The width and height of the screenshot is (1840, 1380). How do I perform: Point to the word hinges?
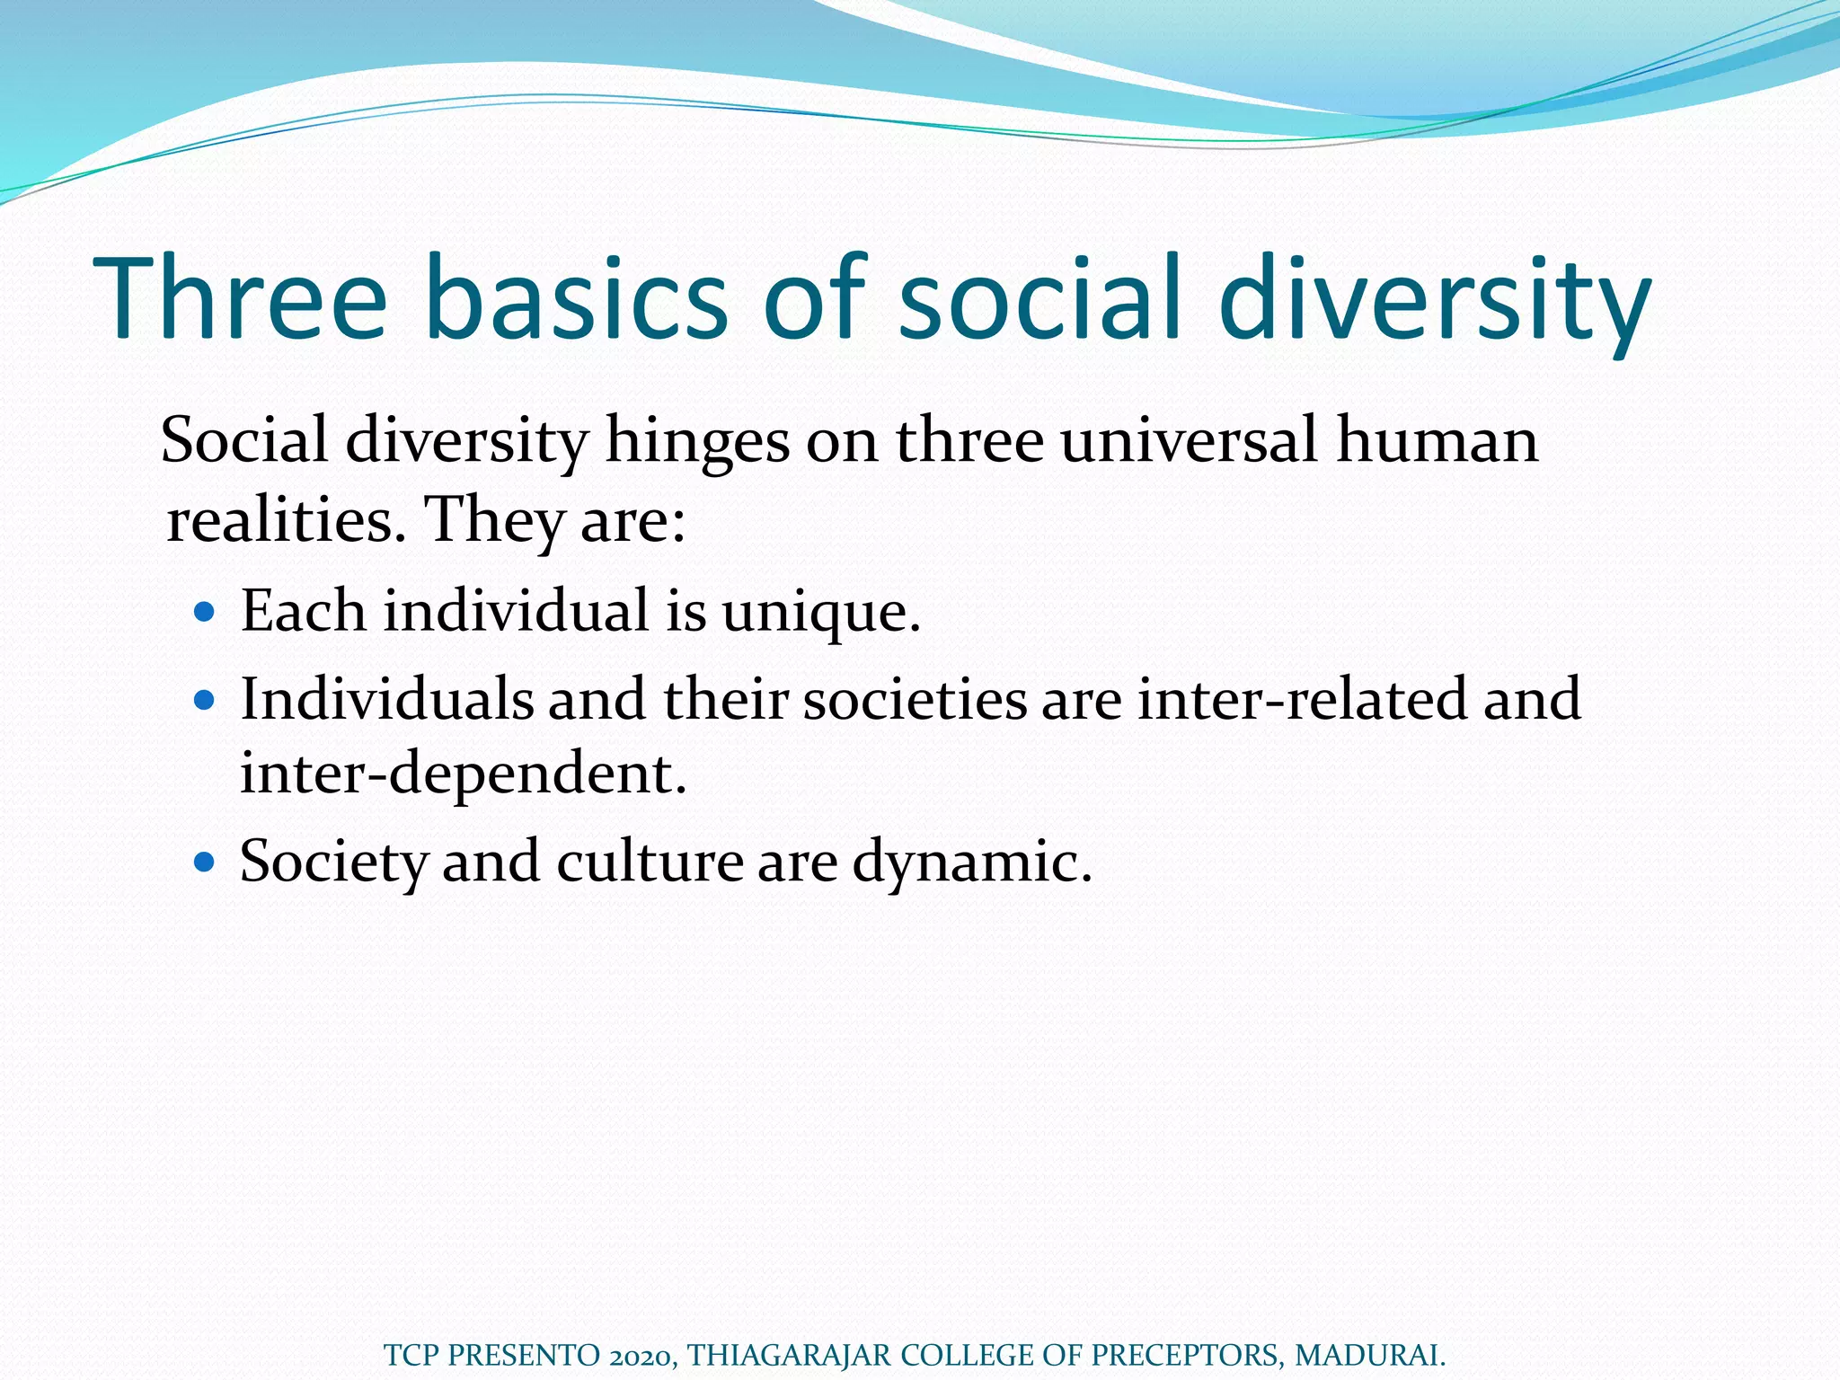pyautogui.click(x=697, y=441)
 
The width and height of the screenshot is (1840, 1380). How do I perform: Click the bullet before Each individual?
pyautogui.click(x=205, y=613)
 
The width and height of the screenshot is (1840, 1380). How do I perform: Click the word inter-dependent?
pyautogui.click(x=463, y=773)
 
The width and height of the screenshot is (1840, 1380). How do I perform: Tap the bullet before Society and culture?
pyautogui.click(x=205, y=862)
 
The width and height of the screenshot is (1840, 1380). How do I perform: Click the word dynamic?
pyautogui.click(x=971, y=862)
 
